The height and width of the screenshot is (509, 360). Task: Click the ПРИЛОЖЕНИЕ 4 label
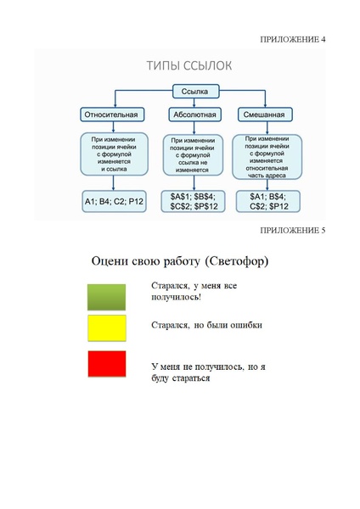(293, 39)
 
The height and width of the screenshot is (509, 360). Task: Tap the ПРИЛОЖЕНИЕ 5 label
(293, 230)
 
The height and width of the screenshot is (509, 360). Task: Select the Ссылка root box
(196, 92)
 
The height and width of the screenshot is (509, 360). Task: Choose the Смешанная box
(262, 115)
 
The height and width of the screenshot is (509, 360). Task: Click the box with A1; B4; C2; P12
(113, 201)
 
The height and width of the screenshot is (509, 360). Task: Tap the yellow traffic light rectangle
(107, 328)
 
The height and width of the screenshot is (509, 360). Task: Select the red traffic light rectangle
(107, 363)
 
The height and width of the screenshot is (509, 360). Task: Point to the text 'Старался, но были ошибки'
(206, 324)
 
